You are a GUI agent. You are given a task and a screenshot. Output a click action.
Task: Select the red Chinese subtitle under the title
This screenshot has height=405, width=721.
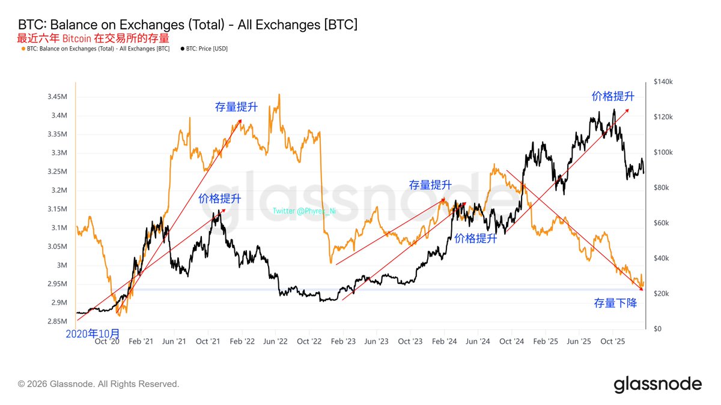pos(93,38)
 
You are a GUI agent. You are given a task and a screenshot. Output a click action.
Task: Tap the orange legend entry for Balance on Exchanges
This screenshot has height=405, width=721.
pos(96,49)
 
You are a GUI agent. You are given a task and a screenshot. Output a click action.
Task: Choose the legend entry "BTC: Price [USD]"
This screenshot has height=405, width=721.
pos(204,49)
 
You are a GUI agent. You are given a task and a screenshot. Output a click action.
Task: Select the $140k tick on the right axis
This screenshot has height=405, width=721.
pos(664,82)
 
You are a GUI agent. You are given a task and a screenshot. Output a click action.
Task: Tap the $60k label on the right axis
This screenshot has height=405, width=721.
pos(662,223)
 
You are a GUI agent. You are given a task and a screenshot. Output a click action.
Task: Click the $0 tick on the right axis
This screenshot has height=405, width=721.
pos(657,329)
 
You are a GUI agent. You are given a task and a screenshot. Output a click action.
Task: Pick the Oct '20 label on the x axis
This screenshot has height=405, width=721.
pos(108,341)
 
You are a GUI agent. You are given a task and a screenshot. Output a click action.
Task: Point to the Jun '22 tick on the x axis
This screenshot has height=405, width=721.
pos(276,341)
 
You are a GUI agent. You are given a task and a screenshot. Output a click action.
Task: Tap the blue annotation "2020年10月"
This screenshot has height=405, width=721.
pos(93,332)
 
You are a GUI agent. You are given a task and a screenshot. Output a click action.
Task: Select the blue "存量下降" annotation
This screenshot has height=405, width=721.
pos(615,304)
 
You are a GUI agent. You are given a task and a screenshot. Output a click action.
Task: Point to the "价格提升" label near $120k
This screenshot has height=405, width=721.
pos(613,97)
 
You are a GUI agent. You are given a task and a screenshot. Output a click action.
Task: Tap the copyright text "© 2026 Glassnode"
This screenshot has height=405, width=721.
pos(99,383)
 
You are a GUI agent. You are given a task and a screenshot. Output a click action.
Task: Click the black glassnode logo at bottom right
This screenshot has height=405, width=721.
pos(657,384)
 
